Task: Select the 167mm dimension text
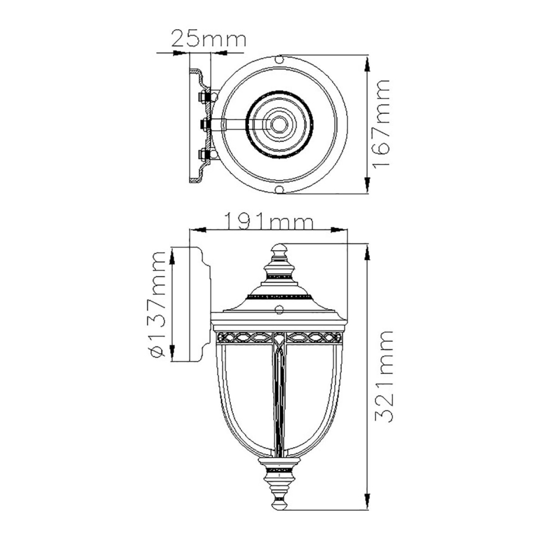tap(381, 123)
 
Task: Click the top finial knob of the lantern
tap(279, 251)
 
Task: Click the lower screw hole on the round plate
tap(279, 189)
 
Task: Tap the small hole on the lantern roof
tap(279, 309)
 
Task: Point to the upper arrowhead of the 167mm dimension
tap(368, 61)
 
